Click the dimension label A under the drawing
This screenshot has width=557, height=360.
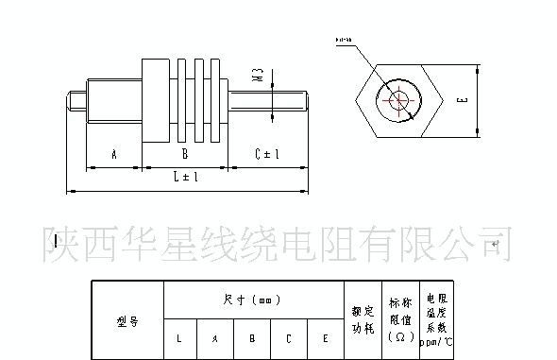click(x=112, y=153)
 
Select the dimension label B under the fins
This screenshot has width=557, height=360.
click(x=185, y=153)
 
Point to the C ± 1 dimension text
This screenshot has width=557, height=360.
click(x=270, y=153)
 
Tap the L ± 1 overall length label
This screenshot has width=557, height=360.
click(x=185, y=177)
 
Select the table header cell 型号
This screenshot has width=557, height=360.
click(x=127, y=321)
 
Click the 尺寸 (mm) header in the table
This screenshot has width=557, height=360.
click(x=253, y=300)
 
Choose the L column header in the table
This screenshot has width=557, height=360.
click(x=180, y=338)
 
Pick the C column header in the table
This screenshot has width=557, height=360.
click(x=289, y=338)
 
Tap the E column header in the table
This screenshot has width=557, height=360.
click(x=325, y=338)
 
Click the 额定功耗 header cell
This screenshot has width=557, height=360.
click(x=363, y=321)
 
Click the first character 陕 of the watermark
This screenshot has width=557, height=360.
click(x=62, y=244)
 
